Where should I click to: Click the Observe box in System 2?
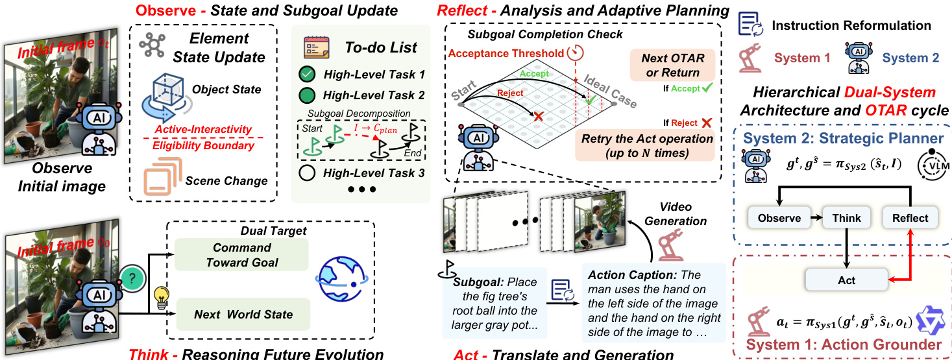(x=779, y=218)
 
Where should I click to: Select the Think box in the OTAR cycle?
(x=846, y=218)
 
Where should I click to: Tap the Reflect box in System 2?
(x=910, y=218)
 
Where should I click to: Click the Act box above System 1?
(x=846, y=280)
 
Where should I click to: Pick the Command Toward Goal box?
(x=242, y=255)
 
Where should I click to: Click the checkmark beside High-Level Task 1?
(x=308, y=74)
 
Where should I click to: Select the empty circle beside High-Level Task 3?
(x=308, y=173)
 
